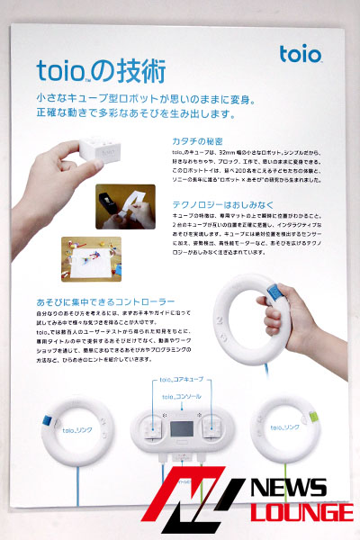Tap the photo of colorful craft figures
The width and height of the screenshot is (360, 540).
(x=92, y=259)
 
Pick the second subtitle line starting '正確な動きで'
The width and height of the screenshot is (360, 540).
(x=135, y=114)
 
